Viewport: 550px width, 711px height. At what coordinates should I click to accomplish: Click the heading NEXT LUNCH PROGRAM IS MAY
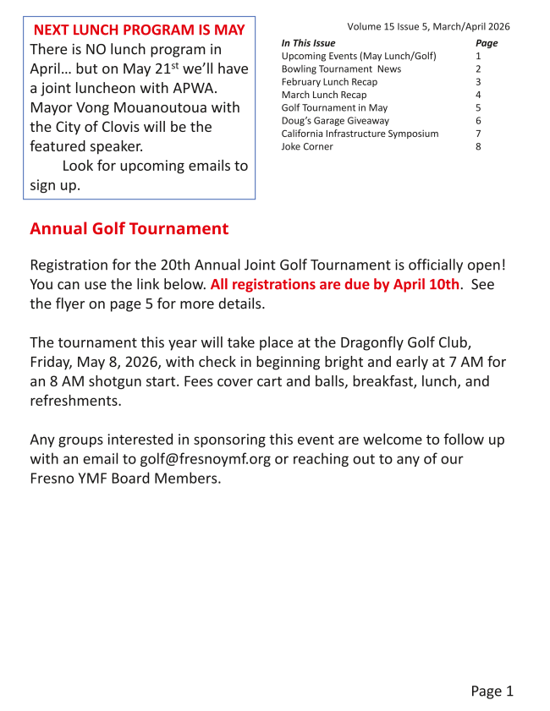pos(139,30)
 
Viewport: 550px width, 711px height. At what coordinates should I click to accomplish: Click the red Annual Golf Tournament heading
pos(129,229)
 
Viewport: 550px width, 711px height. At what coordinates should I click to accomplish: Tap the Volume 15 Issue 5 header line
pos(428,27)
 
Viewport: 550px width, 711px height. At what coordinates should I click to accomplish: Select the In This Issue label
pos(308,43)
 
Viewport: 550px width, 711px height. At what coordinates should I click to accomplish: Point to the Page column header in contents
pos(487,43)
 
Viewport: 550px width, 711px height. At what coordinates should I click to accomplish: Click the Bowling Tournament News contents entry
pos(341,69)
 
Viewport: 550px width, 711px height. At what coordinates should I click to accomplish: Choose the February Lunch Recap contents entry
pos(329,82)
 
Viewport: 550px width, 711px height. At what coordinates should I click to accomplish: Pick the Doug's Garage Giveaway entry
pos(335,121)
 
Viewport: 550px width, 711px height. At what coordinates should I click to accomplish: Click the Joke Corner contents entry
pos(307,147)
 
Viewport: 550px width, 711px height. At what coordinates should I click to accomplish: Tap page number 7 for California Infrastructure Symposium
pos(478,134)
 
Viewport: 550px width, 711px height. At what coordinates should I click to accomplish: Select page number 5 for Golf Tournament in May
pos(478,108)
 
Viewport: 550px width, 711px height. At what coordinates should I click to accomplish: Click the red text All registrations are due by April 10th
pos(334,285)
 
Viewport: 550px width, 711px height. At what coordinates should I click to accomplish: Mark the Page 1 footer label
pos(492,692)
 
